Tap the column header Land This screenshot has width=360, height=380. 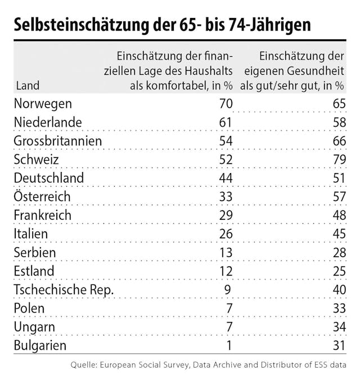click(28, 86)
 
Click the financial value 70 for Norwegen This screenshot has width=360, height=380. click(226, 105)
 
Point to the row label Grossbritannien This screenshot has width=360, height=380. click(58, 141)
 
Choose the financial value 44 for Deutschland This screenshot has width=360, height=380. click(226, 178)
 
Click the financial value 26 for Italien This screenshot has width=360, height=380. click(226, 234)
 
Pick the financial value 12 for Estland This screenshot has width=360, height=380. click(226, 271)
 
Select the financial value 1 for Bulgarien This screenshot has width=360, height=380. click(229, 345)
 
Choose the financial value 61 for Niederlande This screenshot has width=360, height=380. click(226, 123)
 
